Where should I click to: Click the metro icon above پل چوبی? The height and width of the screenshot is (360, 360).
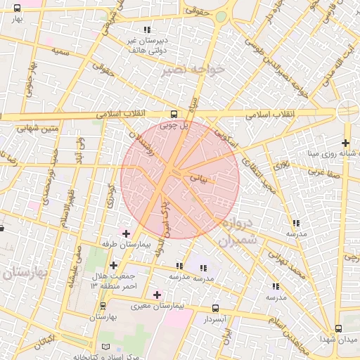click(x=173, y=115)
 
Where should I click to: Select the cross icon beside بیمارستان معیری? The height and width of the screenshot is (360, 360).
click(x=156, y=295)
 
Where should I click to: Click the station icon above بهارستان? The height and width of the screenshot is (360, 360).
click(x=103, y=306)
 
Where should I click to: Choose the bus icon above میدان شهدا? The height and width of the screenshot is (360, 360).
click(x=338, y=328)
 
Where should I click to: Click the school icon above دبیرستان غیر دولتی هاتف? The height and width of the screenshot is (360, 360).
click(x=147, y=30)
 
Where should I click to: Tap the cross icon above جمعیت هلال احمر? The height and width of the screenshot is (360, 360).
click(x=113, y=265)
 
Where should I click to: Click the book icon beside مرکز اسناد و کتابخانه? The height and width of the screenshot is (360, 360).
click(x=106, y=347)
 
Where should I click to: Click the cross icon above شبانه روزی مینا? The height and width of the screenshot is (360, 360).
click(x=345, y=143)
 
